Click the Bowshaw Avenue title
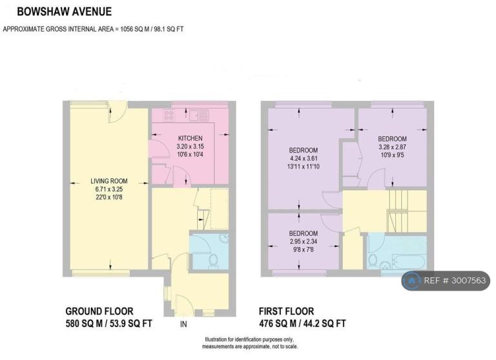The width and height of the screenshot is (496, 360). coord(64,12)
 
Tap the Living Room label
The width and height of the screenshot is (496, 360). coord(108,181)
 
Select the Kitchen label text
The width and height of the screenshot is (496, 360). coord(190,138)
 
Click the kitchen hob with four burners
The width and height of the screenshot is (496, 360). coord(169,115)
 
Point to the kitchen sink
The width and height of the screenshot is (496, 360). coord(200,116)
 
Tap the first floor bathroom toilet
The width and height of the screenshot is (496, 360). coord(372,261)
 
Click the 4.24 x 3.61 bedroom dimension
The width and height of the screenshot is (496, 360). coord(304,158)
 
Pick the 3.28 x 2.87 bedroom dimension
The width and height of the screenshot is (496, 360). coord(392,147)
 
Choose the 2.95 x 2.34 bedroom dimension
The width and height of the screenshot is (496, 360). coord(304,242)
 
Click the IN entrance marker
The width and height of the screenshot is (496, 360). coord(183,324)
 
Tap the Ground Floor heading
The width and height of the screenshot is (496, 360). coord(99,312)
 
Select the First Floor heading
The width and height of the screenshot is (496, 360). coord(286,312)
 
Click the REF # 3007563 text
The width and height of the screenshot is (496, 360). coord(455,281)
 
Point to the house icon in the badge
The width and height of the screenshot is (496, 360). coord(411,281)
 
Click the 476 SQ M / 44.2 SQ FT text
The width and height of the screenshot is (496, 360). coord(302,324)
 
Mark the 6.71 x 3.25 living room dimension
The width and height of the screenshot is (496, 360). coord(108,189)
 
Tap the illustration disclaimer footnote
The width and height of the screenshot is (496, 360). coord(250,343)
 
